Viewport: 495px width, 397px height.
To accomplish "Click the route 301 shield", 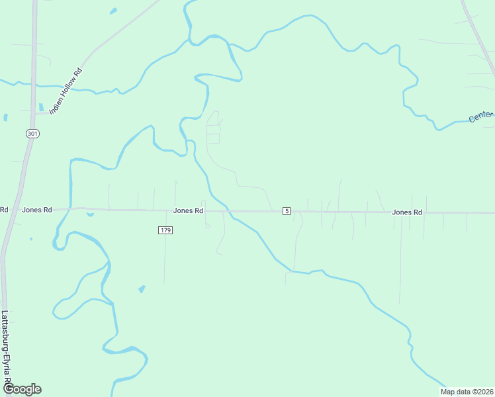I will coord(33,134).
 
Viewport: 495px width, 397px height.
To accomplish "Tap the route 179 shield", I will coord(165,230).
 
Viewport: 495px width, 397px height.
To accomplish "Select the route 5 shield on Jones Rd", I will coord(286,211).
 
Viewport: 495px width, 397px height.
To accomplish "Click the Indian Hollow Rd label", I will coord(66,91).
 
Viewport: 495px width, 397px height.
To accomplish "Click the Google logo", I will coord(22,389).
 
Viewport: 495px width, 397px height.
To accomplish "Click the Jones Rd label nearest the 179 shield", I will coord(188,210).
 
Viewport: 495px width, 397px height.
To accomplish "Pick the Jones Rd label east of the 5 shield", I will coord(406,212).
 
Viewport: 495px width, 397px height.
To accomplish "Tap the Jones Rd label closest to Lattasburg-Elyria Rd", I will coord(37,210).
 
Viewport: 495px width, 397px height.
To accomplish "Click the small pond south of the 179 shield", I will coord(142,289).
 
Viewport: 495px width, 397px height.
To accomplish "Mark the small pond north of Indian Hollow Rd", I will coord(113,11).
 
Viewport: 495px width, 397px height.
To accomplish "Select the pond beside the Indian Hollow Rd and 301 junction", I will coord(41,107).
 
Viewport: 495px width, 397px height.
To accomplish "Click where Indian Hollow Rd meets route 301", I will coord(32,113).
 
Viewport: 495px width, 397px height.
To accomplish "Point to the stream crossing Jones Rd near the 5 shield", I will coord(228,211).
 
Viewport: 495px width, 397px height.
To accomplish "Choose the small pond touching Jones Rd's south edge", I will coord(89,214).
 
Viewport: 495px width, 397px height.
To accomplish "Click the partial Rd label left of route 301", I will coord(4,210).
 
